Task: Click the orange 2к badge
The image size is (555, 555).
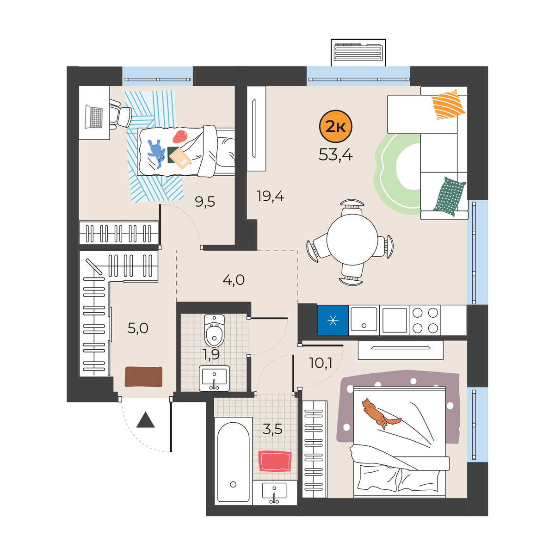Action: pos(335,126)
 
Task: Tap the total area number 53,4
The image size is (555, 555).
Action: pos(335,155)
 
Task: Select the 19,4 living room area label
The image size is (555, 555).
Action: pos(270,197)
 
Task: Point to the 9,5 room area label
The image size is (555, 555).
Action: pos(205,202)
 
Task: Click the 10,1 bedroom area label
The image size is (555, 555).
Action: pos(321,364)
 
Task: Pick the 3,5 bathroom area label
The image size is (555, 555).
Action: pos(272,429)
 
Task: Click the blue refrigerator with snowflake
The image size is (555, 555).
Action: pos(333,320)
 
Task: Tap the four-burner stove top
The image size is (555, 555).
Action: pos(425,320)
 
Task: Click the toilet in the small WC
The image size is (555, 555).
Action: pos(214,330)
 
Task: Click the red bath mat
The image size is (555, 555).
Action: pos(275,461)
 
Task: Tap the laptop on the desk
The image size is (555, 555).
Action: pos(94,117)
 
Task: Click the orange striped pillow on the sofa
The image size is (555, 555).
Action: pos(448,105)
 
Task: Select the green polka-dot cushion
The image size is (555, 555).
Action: pos(449,196)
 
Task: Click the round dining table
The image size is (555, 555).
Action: pos(352,239)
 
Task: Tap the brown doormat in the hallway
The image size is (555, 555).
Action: pos(143,377)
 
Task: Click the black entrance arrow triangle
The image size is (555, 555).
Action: pos(145,419)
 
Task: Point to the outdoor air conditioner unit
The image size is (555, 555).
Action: pos(358,53)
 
